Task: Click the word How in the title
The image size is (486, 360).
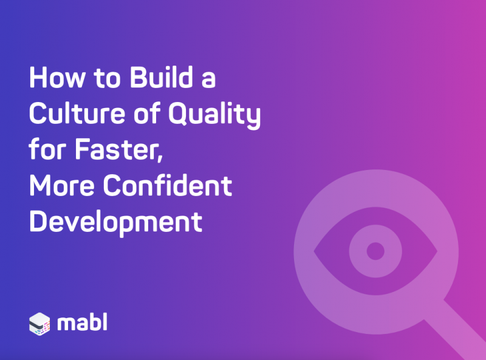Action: click(57, 78)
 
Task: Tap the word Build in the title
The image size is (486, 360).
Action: click(162, 77)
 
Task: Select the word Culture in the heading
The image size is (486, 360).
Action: click(77, 113)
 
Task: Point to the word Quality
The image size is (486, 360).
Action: click(214, 115)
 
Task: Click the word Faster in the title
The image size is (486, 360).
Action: click(117, 149)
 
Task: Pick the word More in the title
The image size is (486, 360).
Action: click(62, 185)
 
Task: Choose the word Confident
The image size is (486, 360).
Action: click(168, 185)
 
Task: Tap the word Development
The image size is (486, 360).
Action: click(116, 222)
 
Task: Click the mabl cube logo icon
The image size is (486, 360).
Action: click(39, 324)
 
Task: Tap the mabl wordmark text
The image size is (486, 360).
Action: click(83, 322)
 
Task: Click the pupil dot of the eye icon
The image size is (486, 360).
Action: click(375, 251)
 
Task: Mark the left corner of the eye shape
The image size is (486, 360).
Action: click(314, 251)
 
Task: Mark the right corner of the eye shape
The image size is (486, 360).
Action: click(437, 251)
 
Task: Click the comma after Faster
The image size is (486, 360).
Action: click(160, 158)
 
